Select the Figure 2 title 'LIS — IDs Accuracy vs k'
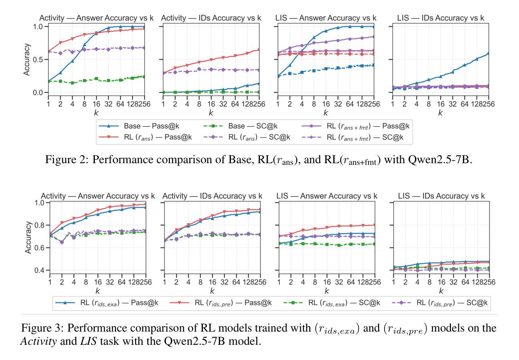pos(441,18)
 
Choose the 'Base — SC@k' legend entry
pos(251,126)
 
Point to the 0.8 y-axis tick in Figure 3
pos(38,225)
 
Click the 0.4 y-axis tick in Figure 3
pos(38,270)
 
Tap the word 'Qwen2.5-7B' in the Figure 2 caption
pos(437,160)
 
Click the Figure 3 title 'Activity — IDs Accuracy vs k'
pos(212,196)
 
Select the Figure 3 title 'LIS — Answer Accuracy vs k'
pos(327,196)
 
